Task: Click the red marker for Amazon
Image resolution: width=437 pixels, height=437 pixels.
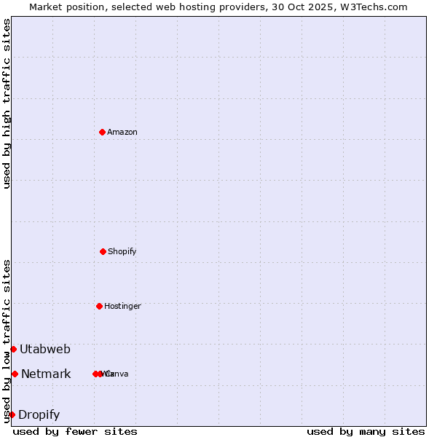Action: pos(102,132)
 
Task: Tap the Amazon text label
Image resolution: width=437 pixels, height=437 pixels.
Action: pos(122,133)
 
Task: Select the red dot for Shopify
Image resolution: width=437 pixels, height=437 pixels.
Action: pos(103,251)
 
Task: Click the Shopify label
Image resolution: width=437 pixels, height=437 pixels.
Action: pos(122,252)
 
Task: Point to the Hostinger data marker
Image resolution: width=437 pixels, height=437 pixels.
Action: pos(99,306)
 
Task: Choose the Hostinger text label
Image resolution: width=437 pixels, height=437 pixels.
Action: pos(122,307)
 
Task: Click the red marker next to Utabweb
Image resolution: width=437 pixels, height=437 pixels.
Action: pos(13,349)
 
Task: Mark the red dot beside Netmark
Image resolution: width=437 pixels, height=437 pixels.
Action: pos(15,374)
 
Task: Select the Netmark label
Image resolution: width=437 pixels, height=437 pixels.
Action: pos(46,374)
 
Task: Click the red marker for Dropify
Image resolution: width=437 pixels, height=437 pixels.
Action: pos(12,414)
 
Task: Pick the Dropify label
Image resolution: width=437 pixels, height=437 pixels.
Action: pos(39,415)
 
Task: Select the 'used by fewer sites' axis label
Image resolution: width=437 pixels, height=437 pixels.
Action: pos(75,431)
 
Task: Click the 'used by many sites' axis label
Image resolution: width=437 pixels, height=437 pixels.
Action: pos(366,431)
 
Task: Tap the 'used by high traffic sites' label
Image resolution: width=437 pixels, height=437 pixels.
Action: pos(7,103)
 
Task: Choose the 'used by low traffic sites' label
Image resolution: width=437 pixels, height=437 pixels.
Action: pos(7,341)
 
